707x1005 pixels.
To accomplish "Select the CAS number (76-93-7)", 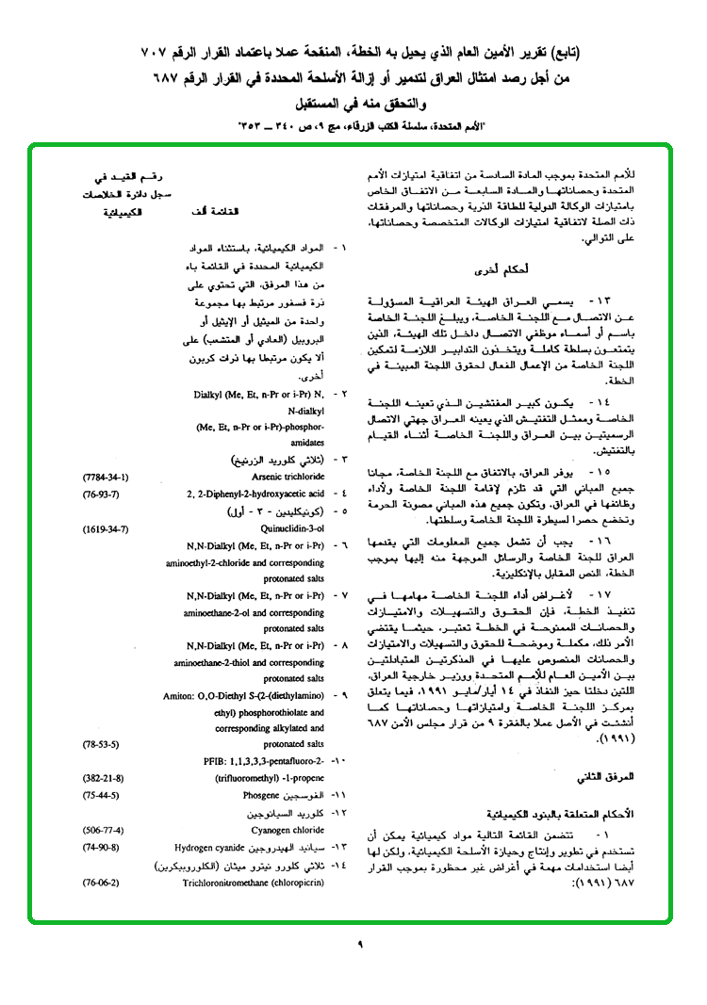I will (99, 494).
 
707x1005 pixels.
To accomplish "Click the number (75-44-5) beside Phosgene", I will (99, 795).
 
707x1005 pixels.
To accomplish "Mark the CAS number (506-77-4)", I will (102, 831).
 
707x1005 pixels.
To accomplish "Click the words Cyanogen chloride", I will (288, 831).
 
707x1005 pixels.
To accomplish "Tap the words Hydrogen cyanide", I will (225, 848).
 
